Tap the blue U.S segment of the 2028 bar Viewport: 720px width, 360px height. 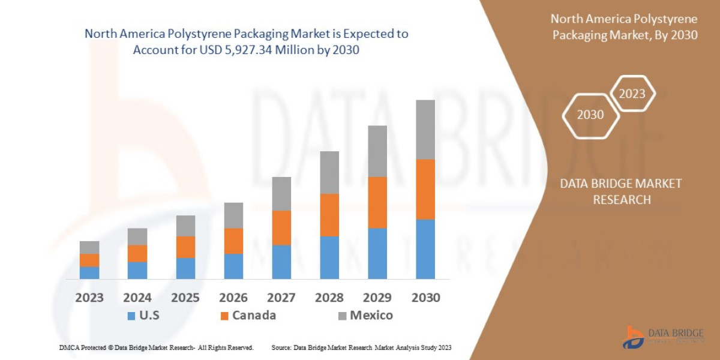click(329, 257)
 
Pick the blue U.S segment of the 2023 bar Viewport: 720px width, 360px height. click(89, 272)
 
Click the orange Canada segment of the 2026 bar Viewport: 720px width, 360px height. click(233, 241)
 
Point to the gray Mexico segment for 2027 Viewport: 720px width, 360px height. click(281, 193)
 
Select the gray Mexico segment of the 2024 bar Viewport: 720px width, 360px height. click(137, 236)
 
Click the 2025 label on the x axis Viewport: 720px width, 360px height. click(185, 298)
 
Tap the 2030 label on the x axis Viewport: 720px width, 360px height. click(425, 298)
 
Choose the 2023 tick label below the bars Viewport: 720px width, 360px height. click(89, 298)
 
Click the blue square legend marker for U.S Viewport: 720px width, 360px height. click(131, 316)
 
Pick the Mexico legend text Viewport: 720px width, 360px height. click(371, 316)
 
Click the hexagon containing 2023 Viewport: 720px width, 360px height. click(632, 94)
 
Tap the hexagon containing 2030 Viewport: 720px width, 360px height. click(590, 115)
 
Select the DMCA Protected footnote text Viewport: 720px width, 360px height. click(156, 347)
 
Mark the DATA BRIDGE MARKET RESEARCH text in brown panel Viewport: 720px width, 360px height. click(621, 191)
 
